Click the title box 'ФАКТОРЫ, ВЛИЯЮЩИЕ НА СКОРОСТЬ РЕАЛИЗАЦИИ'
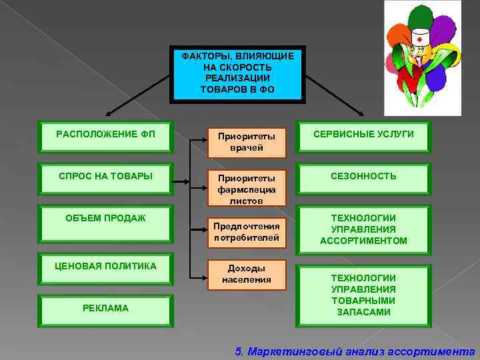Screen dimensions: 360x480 (238, 73)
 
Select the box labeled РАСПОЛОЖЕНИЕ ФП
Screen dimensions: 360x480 (106, 136)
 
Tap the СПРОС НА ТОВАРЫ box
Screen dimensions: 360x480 (106, 177)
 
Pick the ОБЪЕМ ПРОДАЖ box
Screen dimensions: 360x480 (106, 219)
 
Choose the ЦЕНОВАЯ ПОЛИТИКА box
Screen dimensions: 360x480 (106, 267)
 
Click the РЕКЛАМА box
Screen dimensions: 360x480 (106, 309)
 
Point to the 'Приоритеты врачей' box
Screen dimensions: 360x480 (246, 141)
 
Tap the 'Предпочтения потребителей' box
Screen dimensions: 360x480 (246, 231)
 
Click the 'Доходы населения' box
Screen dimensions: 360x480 (246, 274)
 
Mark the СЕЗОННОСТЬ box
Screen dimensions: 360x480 (364, 177)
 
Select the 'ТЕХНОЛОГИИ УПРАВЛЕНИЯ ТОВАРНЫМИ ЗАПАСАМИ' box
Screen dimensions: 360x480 (364, 294)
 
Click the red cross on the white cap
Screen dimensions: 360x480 (419, 39)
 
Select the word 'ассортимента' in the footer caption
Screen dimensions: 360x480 (439, 351)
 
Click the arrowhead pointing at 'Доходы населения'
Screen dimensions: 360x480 (203, 274)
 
